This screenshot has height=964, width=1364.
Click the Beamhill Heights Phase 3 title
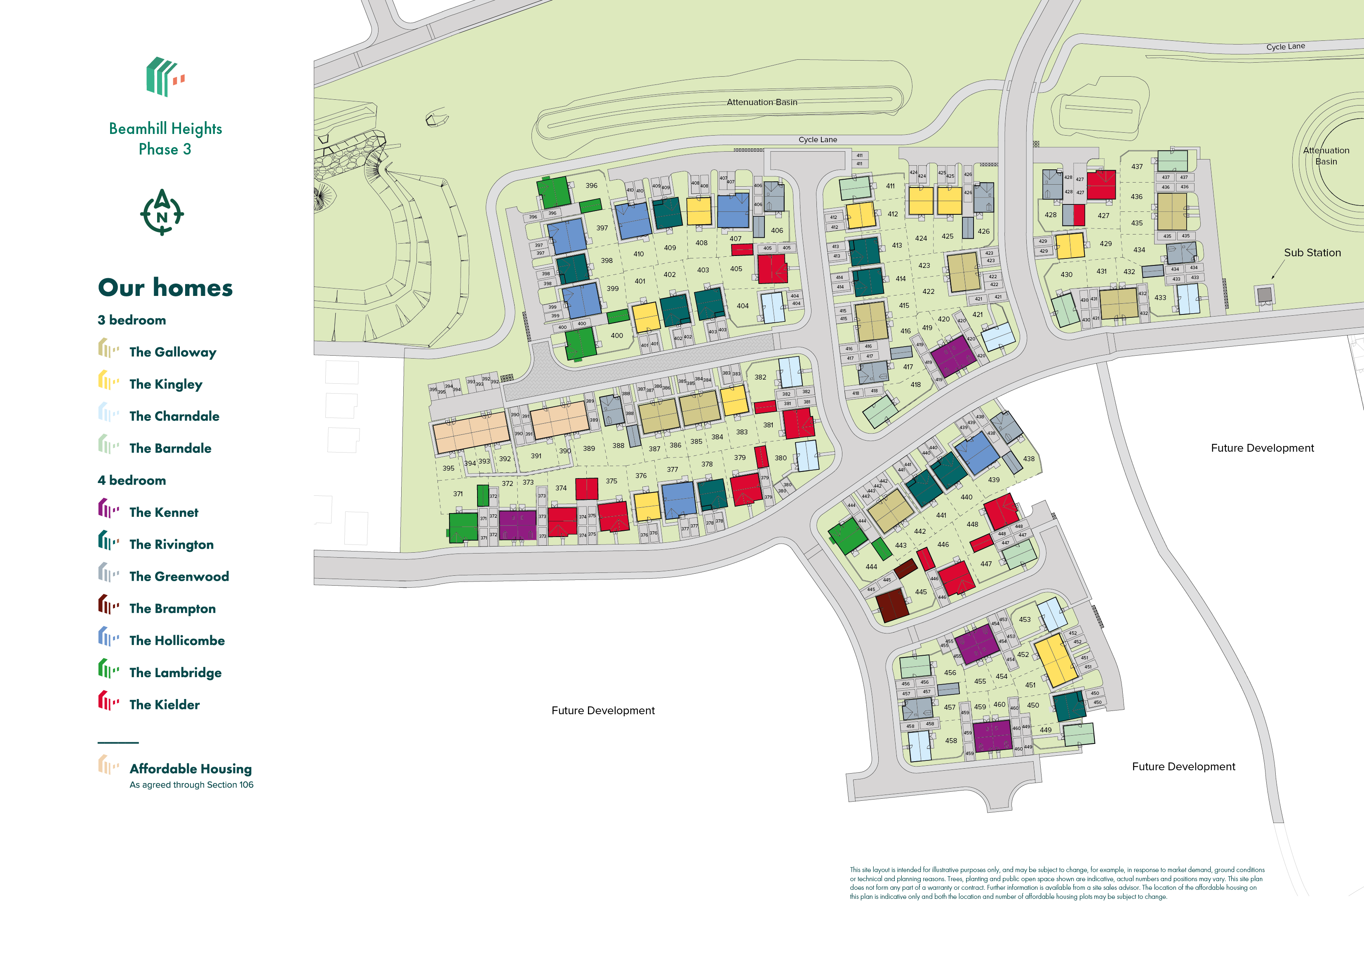tap(165, 138)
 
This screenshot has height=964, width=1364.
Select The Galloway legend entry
tap(172, 352)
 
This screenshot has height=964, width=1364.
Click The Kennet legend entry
tap(163, 512)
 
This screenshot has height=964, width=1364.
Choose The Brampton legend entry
tap(172, 608)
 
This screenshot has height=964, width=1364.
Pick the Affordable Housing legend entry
tap(190, 769)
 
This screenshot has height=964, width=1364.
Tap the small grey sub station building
tap(1265, 294)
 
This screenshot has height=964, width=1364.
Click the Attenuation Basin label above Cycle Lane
tap(762, 102)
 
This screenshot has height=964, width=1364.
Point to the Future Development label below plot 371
tap(602, 711)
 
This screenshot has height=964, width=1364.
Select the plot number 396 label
tap(591, 185)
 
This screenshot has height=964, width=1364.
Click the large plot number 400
tap(617, 335)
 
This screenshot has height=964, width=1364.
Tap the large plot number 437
tap(1136, 167)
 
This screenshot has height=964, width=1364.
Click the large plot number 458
tap(950, 741)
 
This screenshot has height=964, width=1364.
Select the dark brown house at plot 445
tap(892, 605)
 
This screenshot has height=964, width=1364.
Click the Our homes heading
tap(165, 288)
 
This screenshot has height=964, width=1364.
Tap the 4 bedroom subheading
tap(131, 480)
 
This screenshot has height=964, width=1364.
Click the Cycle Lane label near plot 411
tap(817, 140)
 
